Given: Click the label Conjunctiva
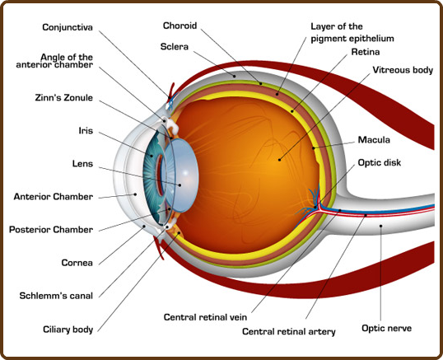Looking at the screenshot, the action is point(68,27).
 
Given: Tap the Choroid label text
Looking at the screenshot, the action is point(180,26).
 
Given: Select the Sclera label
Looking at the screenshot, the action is point(175,47).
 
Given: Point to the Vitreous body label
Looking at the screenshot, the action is point(403,70).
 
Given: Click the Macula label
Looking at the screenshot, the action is point(374,140).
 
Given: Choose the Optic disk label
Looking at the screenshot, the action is point(379,163).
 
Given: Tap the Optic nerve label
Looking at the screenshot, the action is point(386,329).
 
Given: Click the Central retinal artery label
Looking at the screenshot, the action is point(289,331).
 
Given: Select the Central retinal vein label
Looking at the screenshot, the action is point(205,317).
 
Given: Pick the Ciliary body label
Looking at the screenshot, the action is point(68,330).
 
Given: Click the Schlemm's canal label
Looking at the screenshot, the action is point(56,296).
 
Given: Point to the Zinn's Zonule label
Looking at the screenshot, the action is point(64,98).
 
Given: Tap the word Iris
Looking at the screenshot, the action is point(86,131).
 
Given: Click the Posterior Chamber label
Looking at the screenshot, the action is point(51,230).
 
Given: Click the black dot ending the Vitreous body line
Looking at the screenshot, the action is point(279,160).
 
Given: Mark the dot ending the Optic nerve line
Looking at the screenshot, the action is point(381,226).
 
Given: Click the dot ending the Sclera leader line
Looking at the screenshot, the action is point(234,77).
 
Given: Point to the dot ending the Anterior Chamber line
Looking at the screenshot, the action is point(135,194).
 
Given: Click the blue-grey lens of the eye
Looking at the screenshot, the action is point(181,175).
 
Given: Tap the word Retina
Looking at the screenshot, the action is point(366,52).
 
